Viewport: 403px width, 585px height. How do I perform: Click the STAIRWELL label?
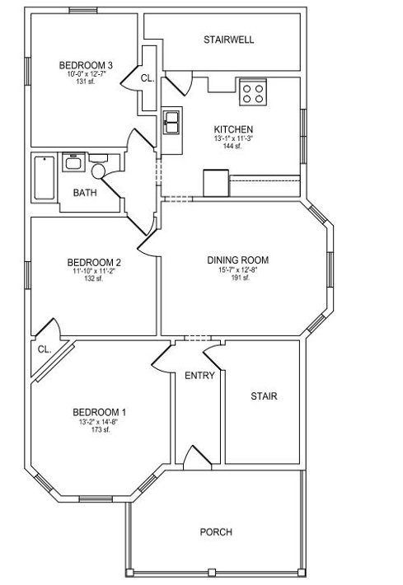click(x=229, y=40)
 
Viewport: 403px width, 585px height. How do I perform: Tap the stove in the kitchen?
click(x=253, y=91)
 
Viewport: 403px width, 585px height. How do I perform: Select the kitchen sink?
click(x=171, y=122)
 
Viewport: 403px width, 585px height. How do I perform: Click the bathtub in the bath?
click(x=45, y=178)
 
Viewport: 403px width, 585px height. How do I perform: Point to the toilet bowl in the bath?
click(x=99, y=171)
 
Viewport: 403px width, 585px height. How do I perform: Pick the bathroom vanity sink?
click(x=73, y=162)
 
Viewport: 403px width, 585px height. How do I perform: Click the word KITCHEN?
click(x=233, y=129)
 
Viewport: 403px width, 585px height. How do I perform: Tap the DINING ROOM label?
click(x=237, y=260)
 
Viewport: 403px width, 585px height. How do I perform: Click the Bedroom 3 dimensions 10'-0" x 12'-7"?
click(x=87, y=74)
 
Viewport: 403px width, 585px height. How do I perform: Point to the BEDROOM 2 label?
click(x=94, y=263)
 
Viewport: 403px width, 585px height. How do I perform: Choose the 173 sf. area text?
click(x=101, y=429)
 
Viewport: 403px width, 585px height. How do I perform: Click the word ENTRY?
click(x=199, y=376)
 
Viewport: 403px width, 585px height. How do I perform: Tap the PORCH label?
click(x=216, y=531)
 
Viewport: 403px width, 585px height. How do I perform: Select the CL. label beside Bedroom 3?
click(x=148, y=78)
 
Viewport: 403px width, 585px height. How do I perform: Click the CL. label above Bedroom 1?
click(x=45, y=349)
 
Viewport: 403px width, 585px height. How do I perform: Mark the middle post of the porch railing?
click(x=212, y=572)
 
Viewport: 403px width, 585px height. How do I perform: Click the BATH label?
click(x=85, y=193)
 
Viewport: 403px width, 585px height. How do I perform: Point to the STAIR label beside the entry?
click(x=264, y=395)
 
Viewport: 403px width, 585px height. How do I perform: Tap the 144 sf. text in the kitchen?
click(x=232, y=146)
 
